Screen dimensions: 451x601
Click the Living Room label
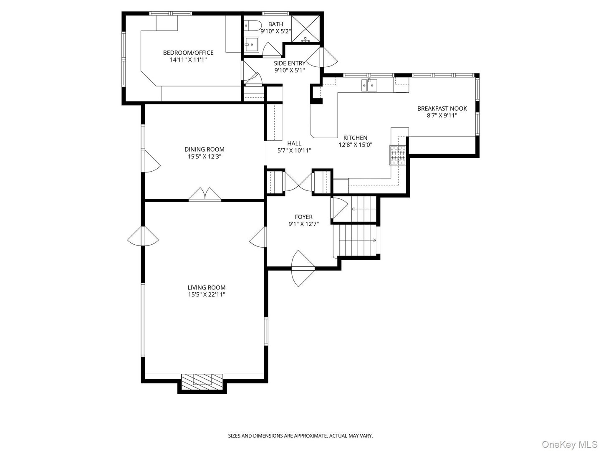[206, 287]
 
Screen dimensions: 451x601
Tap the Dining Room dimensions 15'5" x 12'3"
[205, 157]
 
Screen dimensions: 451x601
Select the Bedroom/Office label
[188, 53]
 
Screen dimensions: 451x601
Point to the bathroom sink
[251, 43]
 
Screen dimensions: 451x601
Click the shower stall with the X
[306, 28]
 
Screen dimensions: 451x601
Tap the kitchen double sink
[369, 85]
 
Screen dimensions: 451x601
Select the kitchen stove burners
[398, 155]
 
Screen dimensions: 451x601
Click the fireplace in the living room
[202, 380]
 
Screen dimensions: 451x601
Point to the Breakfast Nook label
[442, 109]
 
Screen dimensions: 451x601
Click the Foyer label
[303, 217]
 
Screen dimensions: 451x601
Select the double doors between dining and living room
[205, 195]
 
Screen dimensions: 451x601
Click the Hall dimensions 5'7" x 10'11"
[294, 150]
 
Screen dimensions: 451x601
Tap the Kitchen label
[355, 138]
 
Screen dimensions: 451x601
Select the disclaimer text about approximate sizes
[300, 436]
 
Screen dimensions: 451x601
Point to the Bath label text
[275, 24]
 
